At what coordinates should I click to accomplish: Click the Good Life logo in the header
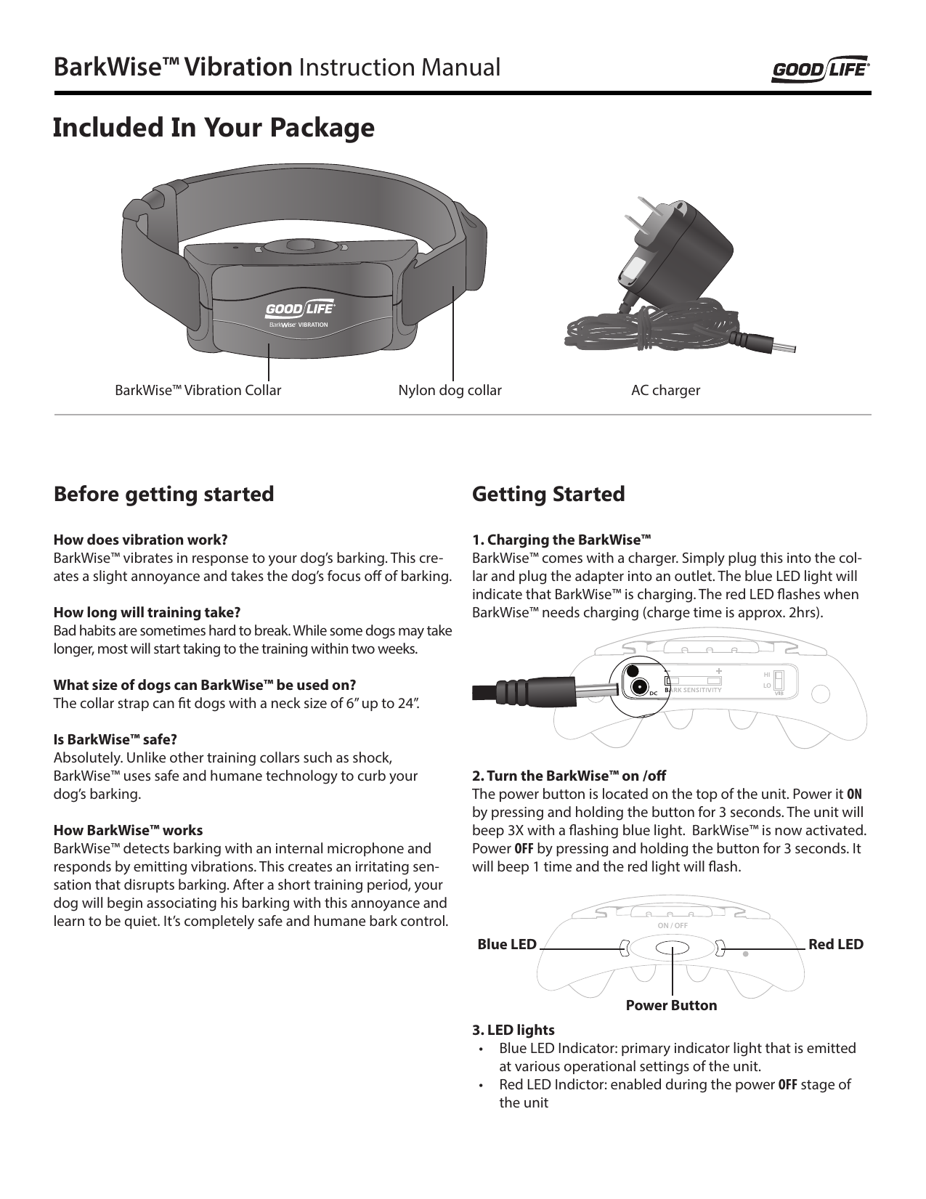[820, 70]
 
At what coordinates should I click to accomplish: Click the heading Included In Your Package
[214, 128]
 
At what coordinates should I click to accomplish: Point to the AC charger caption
[665, 391]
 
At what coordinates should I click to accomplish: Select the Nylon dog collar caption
[450, 391]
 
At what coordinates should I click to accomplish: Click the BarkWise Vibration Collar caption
[198, 391]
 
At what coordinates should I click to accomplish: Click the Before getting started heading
[164, 495]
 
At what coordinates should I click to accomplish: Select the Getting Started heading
[548, 495]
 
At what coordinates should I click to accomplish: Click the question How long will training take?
[147, 612]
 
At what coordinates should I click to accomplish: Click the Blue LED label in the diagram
[506, 944]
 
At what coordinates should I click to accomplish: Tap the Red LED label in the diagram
[836, 944]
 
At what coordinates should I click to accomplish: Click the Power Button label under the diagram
[671, 1006]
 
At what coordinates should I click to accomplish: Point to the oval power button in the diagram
[672, 948]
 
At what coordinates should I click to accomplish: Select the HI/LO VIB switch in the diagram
[779, 680]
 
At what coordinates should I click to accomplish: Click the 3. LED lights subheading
[513, 1031]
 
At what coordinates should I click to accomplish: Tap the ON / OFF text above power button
[672, 926]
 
